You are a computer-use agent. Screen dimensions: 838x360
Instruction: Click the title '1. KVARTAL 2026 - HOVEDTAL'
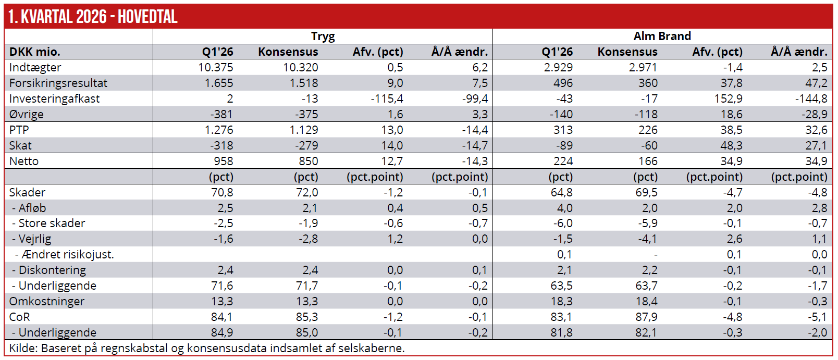tap(93, 17)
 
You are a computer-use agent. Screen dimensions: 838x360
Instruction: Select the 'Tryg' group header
tap(323, 36)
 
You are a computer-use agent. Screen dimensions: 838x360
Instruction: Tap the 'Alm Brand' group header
tap(662, 36)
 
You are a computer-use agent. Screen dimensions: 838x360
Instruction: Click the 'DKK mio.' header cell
tap(35, 52)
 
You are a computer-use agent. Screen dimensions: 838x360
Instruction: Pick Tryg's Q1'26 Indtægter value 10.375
tap(215, 67)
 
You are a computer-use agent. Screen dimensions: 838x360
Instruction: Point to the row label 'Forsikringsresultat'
tap(58, 83)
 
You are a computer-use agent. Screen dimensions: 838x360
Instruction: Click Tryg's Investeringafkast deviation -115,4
tap(387, 98)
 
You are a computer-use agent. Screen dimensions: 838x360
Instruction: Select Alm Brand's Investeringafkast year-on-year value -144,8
tap(811, 98)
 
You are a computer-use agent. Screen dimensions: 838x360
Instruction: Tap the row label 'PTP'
tap(19, 130)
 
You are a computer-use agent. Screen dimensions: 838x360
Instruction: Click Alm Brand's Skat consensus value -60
tap(649, 145)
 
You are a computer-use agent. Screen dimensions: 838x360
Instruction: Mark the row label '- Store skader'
tap(48, 223)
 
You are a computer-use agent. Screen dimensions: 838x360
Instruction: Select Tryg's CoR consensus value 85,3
tap(306, 317)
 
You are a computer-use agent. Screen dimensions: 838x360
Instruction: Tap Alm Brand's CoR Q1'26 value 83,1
tap(561, 317)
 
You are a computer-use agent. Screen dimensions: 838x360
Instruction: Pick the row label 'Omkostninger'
tap(47, 301)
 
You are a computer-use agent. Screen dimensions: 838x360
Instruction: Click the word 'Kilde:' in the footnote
tap(23, 348)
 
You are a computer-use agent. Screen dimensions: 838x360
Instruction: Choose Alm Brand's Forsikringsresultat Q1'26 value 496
tap(563, 83)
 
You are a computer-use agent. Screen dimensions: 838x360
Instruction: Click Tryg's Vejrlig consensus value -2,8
tap(309, 239)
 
